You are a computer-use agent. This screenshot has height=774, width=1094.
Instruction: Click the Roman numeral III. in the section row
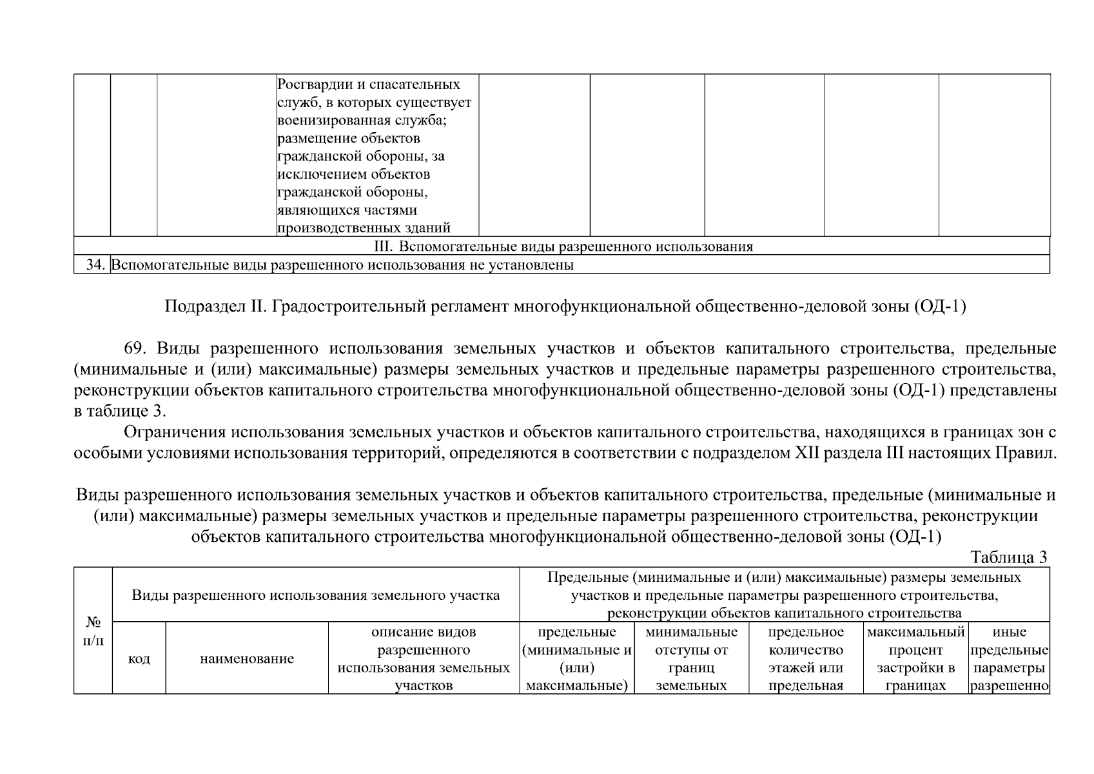[x=384, y=246]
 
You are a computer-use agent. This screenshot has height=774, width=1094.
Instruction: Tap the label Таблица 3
[x=1008, y=557]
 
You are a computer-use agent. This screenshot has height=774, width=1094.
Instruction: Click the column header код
[x=139, y=659]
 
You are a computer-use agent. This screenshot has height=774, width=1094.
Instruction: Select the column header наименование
[x=247, y=659]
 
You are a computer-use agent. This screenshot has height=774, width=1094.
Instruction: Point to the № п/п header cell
[x=93, y=631]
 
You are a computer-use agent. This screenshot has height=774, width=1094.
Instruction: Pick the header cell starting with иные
[x=1010, y=659]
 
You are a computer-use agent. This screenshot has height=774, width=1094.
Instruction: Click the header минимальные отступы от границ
[x=691, y=659]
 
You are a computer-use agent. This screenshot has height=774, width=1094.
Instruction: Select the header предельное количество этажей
[x=806, y=659]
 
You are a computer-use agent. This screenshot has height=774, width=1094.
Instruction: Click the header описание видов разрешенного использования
[x=424, y=659]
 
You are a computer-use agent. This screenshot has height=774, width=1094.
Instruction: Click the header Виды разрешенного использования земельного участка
[x=316, y=595]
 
